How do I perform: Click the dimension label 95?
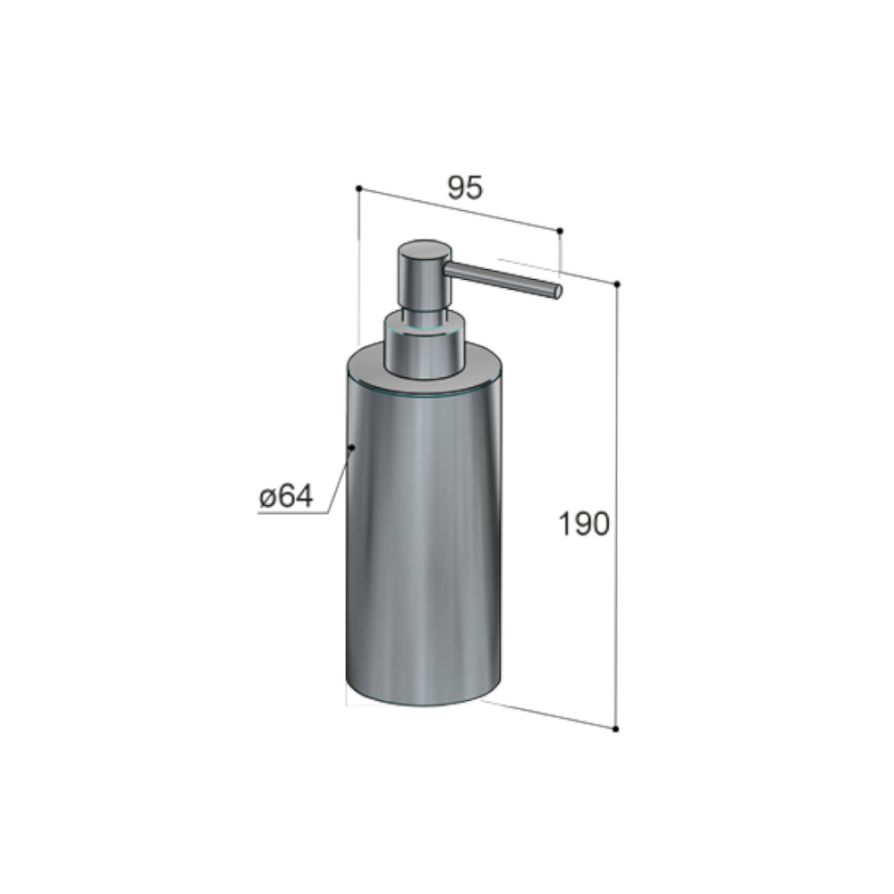click(x=465, y=188)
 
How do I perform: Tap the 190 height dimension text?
click(x=584, y=524)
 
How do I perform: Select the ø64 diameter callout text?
click(x=286, y=496)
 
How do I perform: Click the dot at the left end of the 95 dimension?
click(x=358, y=188)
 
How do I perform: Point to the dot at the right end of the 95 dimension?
click(x=560, y=231)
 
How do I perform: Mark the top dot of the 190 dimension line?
click(x=616, y=284)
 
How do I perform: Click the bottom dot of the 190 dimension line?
click(x=616, y=729)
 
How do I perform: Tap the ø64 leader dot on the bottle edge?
click(x=351, y=448)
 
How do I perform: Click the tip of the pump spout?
click(x=559, y=291)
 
